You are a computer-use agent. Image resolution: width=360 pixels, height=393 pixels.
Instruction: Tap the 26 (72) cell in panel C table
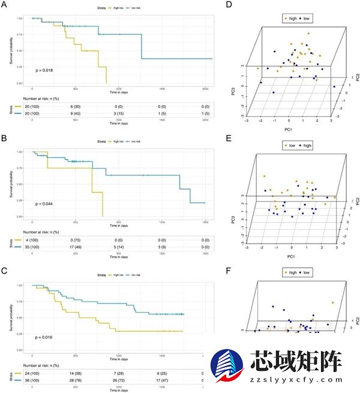pyautogui.click(x=118, y=379)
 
